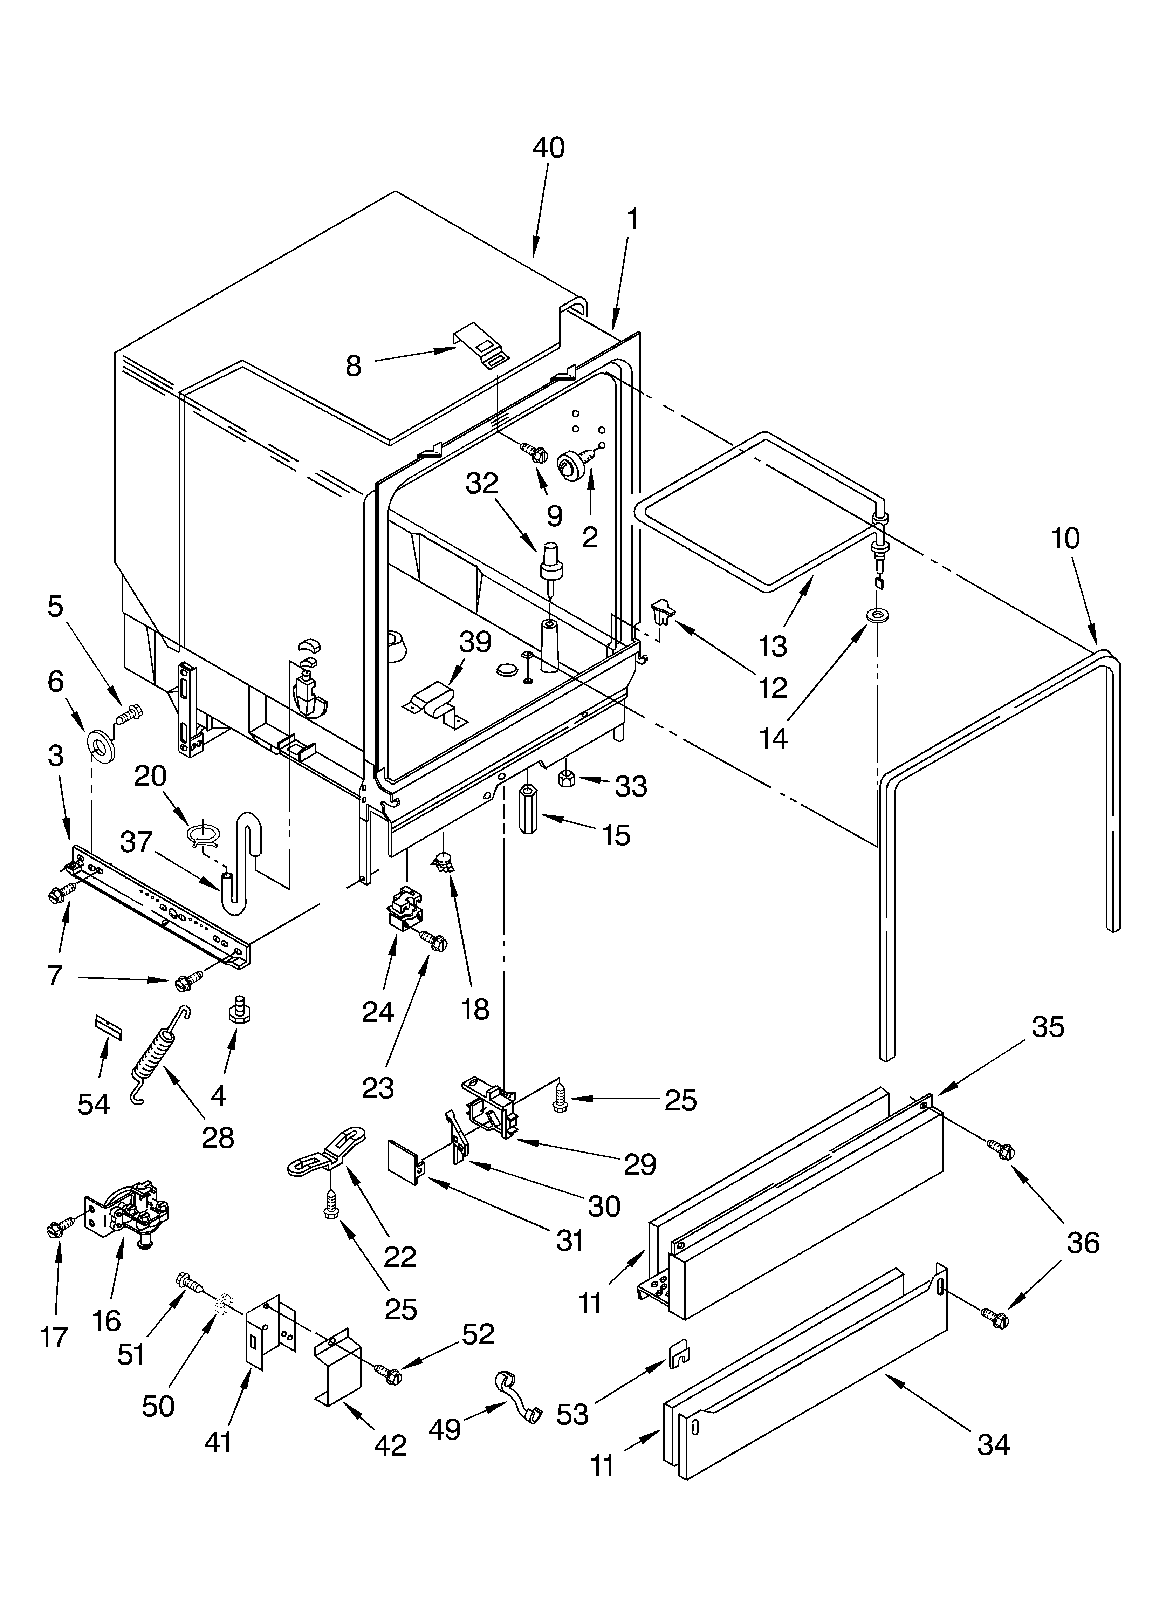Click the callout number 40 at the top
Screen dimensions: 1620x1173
[548, 148]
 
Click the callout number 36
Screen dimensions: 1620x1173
[1082, 1243]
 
